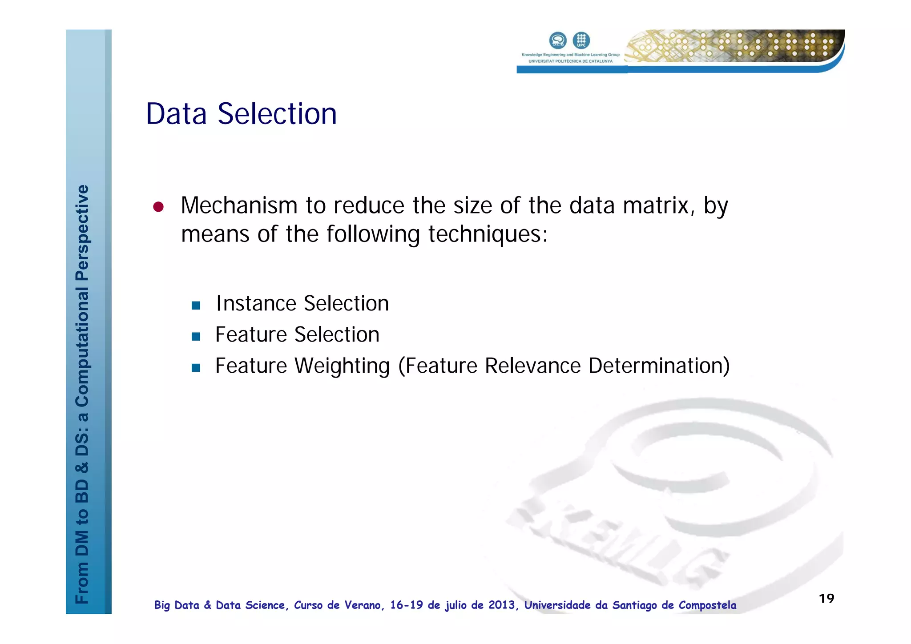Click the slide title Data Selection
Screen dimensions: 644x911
[241, 114]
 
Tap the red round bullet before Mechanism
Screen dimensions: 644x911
[158, 207]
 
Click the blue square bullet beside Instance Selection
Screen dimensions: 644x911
[196, 306]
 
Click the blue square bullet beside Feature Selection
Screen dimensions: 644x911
[196, 337]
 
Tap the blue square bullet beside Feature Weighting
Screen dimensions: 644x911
[196, 368]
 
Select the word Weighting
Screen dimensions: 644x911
[342, 366]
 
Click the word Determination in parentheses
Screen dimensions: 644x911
[659, 366]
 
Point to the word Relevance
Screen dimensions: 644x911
[532, 366]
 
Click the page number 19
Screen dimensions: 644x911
[826, 599]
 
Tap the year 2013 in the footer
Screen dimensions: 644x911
[501, 605]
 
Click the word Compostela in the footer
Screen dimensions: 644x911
[707, 605]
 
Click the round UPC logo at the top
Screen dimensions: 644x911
[581, 40]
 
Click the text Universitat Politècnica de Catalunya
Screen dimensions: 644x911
[570, 61]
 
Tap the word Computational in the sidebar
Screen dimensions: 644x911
[82, 346]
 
